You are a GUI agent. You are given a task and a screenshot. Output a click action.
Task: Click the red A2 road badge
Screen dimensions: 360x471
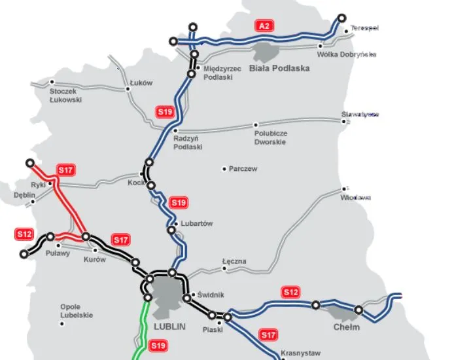(264, 26)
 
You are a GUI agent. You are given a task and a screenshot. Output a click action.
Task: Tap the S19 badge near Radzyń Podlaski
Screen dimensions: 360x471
(166, 112)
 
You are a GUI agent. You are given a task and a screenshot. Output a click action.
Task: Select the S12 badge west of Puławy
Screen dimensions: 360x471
(24, 234)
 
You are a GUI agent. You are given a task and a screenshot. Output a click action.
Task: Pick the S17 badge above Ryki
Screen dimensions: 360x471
(66, 170)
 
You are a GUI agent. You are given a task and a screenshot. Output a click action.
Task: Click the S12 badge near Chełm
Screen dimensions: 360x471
(290, 291)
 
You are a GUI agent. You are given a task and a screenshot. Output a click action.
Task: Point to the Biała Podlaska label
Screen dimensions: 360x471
(279, 67)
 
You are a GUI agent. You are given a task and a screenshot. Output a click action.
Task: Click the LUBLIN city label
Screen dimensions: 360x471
(169, 325)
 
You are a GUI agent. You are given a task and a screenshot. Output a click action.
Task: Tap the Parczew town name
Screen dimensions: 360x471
(243, 169)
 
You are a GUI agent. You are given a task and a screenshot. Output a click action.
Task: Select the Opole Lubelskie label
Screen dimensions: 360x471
(77, 311)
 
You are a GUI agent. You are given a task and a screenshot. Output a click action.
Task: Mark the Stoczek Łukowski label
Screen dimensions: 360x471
(66, 96)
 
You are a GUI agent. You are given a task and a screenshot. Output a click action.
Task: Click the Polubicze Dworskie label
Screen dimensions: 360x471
(270, 137)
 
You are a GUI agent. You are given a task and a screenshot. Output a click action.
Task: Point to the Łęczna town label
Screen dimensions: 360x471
(234, 261)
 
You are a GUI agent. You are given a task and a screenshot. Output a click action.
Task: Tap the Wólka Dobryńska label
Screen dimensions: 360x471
(347, 55)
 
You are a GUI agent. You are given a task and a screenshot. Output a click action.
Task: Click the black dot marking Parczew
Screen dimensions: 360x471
(224, 169)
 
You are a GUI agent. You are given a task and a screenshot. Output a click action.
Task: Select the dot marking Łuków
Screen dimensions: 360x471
(128, 90)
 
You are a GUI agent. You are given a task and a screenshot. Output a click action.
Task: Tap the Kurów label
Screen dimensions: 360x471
(95, 260)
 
